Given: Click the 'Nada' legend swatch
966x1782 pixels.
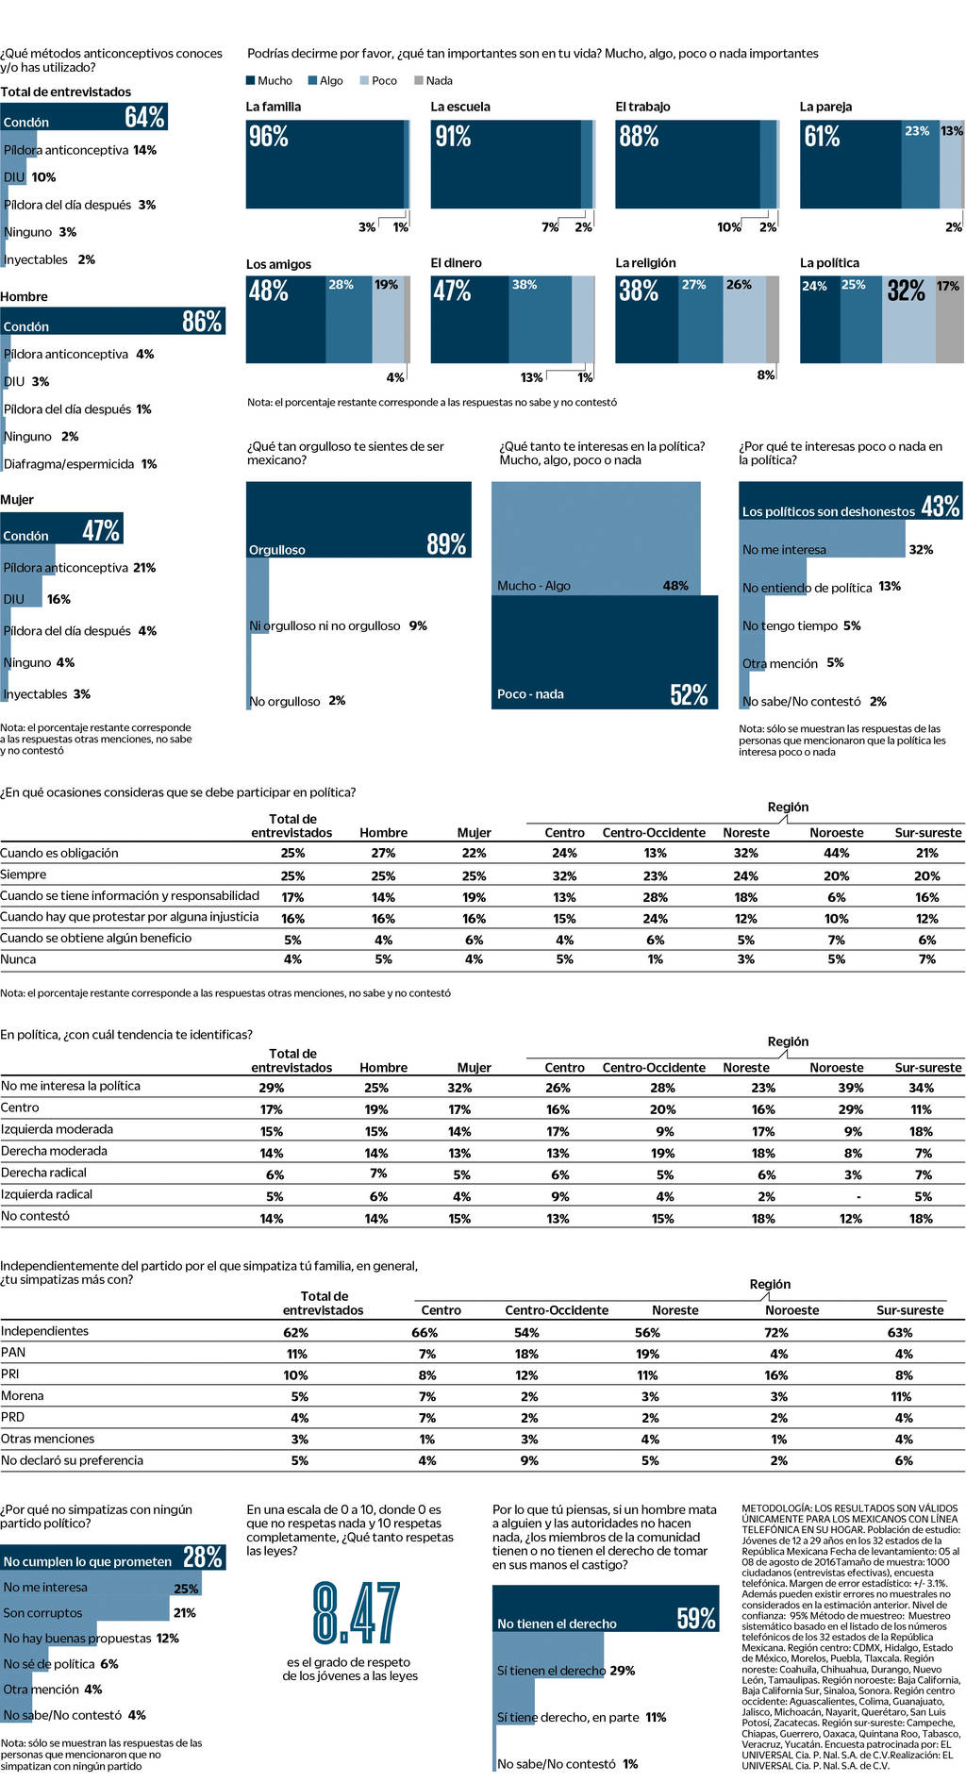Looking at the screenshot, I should click(x=419, y=81).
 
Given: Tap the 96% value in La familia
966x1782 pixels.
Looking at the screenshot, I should click(x=269, y=137).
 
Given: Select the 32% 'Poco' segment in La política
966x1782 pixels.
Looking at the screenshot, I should click(x=907, y=291).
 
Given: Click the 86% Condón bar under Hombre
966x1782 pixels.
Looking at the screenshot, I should click(x=112, y=321).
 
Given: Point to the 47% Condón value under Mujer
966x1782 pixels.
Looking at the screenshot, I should click(x=101, y=530).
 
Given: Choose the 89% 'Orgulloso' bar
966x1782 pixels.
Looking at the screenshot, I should click(x=358, y=519).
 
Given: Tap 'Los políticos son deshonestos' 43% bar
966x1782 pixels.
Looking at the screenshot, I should click(x=849, y=501).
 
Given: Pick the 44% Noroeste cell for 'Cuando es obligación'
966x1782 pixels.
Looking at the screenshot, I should click(x=836, y=853).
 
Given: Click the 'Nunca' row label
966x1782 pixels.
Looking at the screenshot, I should click(x=19, y=959).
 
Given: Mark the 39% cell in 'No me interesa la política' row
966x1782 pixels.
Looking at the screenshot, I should click(x=850, y=1088).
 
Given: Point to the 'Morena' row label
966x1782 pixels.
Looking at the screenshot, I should click(x=23, y=1396).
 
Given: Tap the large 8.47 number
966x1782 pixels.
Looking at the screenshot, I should click(x=356, y=1613).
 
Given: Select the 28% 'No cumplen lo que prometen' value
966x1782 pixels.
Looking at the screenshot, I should click(x=202, y=1557).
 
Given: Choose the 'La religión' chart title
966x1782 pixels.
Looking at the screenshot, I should click(x=645, y=263).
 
